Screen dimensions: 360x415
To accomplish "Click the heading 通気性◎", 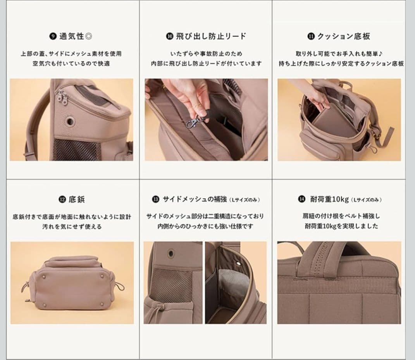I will [x=76, y=36].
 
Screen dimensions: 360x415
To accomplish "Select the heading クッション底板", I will [x=343, y=36].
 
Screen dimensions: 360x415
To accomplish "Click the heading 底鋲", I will [x=76, y=200].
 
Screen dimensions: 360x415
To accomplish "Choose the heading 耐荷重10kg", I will [x=329, y=199].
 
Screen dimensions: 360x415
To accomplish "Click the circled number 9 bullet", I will [x=53, y=37].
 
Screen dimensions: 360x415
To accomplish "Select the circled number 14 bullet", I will [x=301, y=199].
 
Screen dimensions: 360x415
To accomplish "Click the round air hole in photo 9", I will [x=71, y=121].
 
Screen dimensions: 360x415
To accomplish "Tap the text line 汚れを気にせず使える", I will [x=72, y=227].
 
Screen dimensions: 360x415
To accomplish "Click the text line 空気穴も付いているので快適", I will [x=71, y=63].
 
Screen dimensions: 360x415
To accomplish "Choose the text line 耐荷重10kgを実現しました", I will [x=340, y=226].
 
